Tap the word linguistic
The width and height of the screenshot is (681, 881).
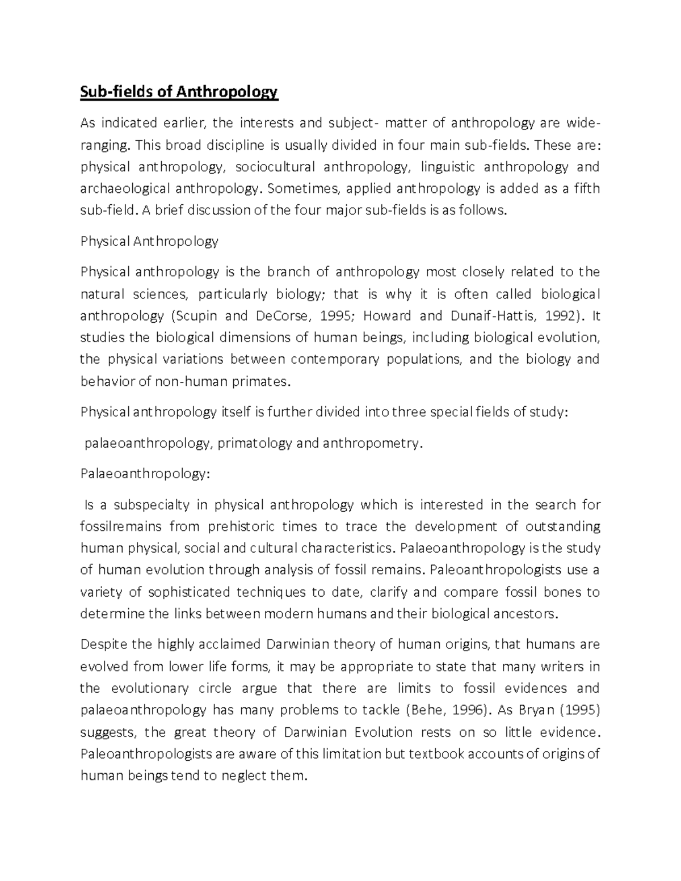(447, 167)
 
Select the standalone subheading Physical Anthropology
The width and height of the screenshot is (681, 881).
(149, 241)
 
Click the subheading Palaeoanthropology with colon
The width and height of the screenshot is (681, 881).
(145, 474)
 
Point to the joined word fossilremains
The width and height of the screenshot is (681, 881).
(121, 526)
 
